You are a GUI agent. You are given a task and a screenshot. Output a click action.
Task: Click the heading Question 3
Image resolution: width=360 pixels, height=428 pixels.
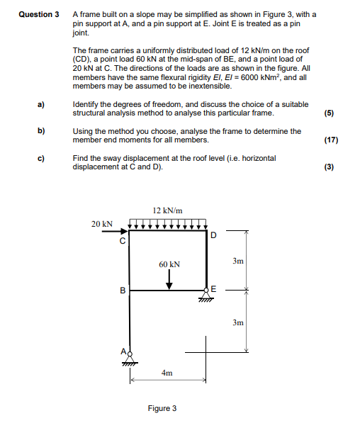point(38,14)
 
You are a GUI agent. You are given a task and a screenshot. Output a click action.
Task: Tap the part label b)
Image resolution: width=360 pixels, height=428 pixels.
point(42,131)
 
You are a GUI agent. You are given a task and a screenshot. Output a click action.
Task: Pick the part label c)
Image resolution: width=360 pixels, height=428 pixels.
point(42,158)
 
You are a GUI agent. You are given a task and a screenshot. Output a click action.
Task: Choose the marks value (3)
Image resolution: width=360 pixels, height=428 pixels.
point(330,167)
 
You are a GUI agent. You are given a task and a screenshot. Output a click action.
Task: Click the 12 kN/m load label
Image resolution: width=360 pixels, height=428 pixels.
point(168,210)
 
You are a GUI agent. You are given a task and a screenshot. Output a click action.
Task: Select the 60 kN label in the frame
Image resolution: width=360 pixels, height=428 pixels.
point(169,264)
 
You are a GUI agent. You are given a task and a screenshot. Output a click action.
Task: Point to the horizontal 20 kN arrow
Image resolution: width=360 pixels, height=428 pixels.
point(116,231)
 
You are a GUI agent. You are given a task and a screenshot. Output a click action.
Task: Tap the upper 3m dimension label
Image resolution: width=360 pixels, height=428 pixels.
point(238,261)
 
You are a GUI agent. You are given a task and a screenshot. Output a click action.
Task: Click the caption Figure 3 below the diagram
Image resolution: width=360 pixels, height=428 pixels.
point(162,408)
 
